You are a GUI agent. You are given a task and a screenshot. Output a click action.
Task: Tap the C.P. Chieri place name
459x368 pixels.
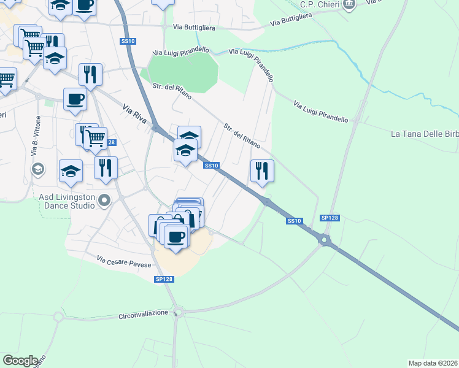[x=320, y=4]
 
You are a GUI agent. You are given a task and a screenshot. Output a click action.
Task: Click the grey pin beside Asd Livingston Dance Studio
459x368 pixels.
[x=105, y=200]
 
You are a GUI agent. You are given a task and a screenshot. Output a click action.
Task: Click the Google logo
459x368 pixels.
[x=20, y=361]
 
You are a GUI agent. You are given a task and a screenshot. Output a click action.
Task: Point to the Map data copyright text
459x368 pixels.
[x=433, y=363]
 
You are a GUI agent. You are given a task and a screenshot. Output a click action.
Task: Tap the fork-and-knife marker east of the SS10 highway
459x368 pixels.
[x=262, y=171]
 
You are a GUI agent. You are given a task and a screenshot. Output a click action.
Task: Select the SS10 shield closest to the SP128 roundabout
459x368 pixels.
[x=294, y=221]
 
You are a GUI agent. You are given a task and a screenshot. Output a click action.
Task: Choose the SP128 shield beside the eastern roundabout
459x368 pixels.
[x=330, y=218]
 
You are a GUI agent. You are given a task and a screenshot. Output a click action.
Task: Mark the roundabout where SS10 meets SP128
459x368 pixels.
[x=325, y=240]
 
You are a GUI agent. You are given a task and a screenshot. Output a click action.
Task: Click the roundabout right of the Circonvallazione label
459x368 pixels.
[x=178, y=313]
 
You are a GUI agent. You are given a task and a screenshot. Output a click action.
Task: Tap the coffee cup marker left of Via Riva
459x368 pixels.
[x=75, y=99]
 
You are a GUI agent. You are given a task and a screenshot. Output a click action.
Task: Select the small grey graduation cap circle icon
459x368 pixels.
[x=37, y=168]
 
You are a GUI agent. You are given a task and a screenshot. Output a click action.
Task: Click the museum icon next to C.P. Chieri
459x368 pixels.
[x=349, y=5]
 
